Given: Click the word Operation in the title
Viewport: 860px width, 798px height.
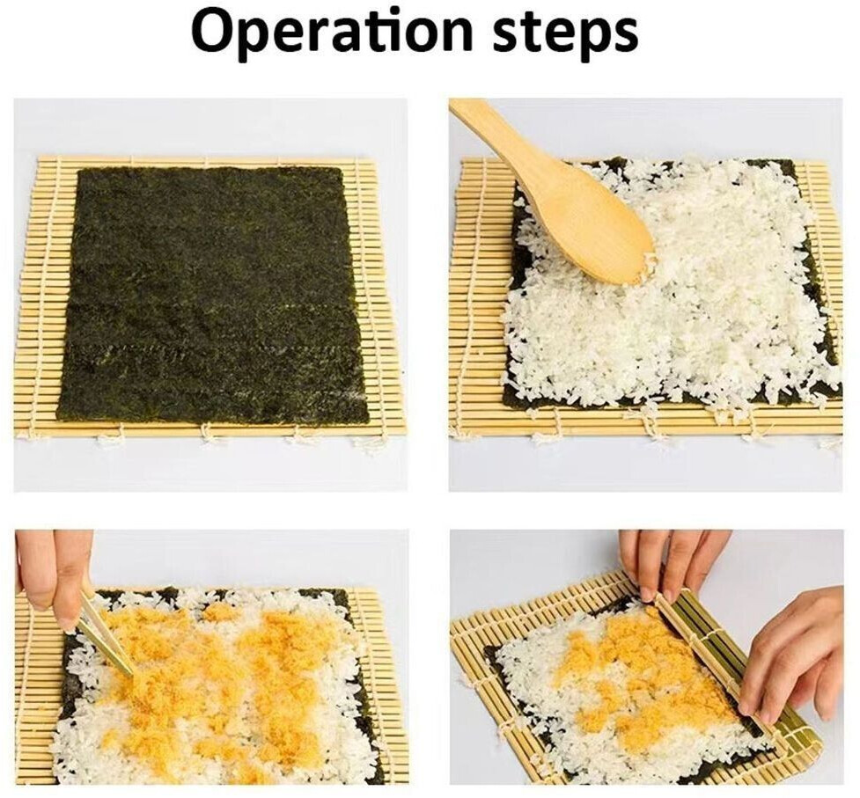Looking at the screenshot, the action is [x=331, y=31].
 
